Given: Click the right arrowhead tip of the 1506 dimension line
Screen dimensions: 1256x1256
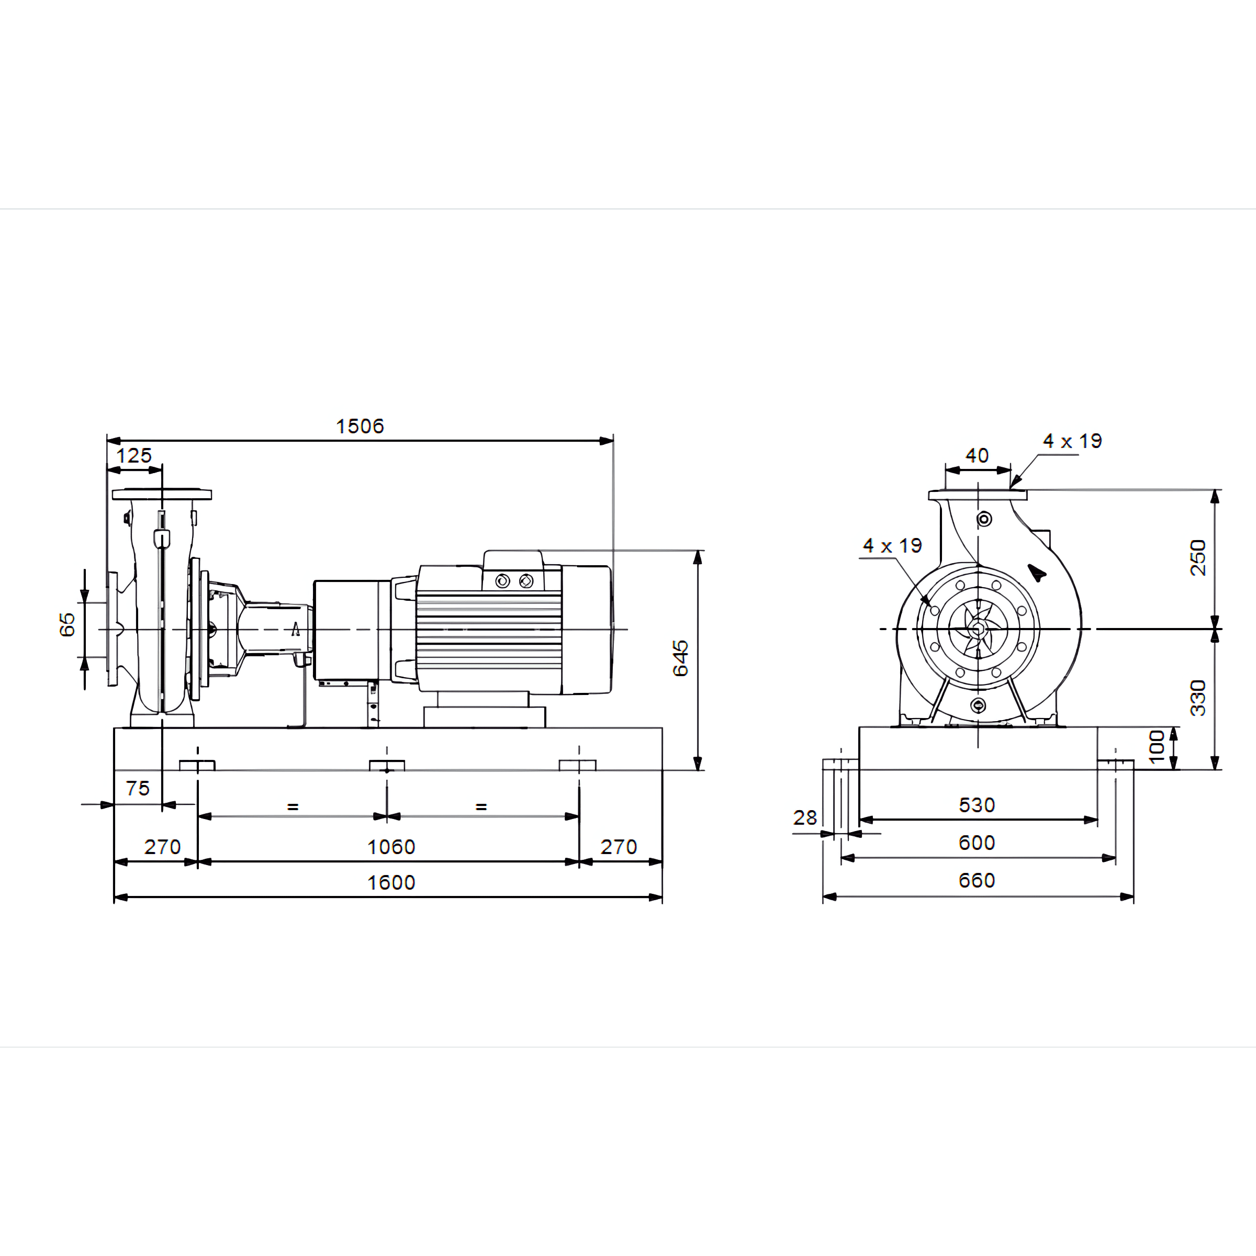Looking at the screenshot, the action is tap(613, 441).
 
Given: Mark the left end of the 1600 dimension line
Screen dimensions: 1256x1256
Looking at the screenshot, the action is tap(115, 897).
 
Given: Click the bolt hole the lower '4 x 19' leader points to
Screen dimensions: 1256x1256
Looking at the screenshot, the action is tap(935, 610).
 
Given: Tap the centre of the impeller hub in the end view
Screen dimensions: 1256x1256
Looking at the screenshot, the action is tap(977, 629).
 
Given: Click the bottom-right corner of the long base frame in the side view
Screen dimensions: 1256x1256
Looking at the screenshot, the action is tap(663, 770).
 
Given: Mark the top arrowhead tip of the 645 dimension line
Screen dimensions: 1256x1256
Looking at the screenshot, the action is tap(698, 550).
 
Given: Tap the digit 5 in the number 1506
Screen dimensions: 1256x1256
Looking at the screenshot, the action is tap(351, 427).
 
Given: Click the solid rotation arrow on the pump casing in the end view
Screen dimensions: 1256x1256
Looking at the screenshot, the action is tap(1036, 572).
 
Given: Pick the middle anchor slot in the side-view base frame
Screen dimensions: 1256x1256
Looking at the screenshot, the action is tap(387, 765).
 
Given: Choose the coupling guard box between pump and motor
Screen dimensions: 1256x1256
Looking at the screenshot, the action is tap(352, 630).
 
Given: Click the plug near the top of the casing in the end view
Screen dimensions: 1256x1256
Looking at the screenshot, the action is tap(984, 519).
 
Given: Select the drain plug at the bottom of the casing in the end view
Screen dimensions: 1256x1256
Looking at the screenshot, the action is tap(978, 705).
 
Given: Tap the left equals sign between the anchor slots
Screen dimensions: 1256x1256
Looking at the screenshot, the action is tap(293, 807).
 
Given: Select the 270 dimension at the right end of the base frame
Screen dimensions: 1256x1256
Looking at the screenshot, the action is tap(618, 846).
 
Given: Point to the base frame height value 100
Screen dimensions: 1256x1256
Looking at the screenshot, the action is tap(1157, 746).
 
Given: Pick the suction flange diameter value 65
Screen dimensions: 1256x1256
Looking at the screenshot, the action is tap(67, 624).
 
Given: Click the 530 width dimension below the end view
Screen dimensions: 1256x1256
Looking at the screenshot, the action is tap(977, 805).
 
